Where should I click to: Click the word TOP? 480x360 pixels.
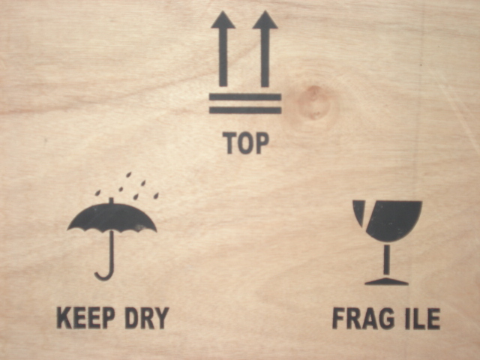click(x=246, y=143)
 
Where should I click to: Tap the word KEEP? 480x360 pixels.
click(x=86, y=318)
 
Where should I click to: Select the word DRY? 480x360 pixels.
click(x=147, y=318)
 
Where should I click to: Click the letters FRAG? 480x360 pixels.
click(x=364, y=318)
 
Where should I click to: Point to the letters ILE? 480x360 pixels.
click(x=423, y=318)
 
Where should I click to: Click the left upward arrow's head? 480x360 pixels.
click(x=223, y=20)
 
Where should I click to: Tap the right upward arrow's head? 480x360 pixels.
click(x=265, y=20)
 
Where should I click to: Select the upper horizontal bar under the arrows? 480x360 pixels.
click(x=245, y=97)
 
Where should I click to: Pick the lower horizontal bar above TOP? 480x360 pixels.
click(x=245, y=110)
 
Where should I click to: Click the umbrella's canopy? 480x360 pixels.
click(x=112, y=217)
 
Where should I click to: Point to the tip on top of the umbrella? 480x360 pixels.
click(x=111, y=200)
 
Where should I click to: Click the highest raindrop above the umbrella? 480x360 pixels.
click(x=129, y=175)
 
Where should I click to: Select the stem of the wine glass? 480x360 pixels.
click(x=387, y=259)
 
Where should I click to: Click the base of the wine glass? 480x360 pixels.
click(x=387, y=282)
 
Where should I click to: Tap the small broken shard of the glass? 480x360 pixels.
click(x=358, y=211)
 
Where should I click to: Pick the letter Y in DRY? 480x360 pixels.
click(x=162, y=318)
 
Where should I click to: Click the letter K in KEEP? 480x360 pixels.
click(x=64, y=318)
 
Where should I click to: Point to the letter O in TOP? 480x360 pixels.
click(x=246, y=143)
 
